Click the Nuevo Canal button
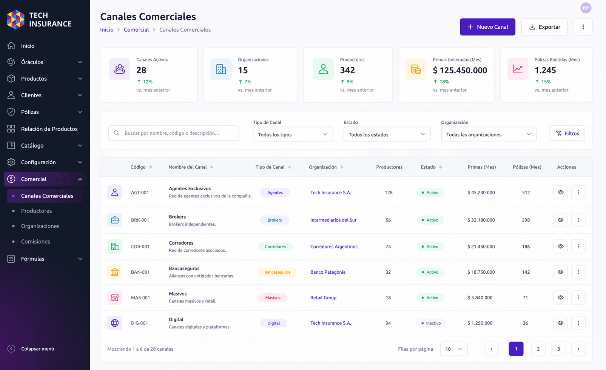[x=487, y=27]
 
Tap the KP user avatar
[x=586, y=8]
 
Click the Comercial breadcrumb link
[x=136, y=30]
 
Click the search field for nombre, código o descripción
[x=173, y=133]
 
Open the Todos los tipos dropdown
[x=293, y=134]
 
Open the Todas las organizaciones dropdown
[x=489, y=134]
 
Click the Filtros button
[x=567, y=133]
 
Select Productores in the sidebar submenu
[x=37, y=211]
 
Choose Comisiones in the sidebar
[x=36, y=241]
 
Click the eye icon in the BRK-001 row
[x=560, y=220]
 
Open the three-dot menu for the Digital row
[x=578, y=323]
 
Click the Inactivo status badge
[x=431, y=323]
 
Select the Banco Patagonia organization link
[x=328, y=272]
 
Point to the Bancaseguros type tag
[x=277, y=272]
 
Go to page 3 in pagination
[x=558, y=349]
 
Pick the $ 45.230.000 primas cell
[x=481, y=193]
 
